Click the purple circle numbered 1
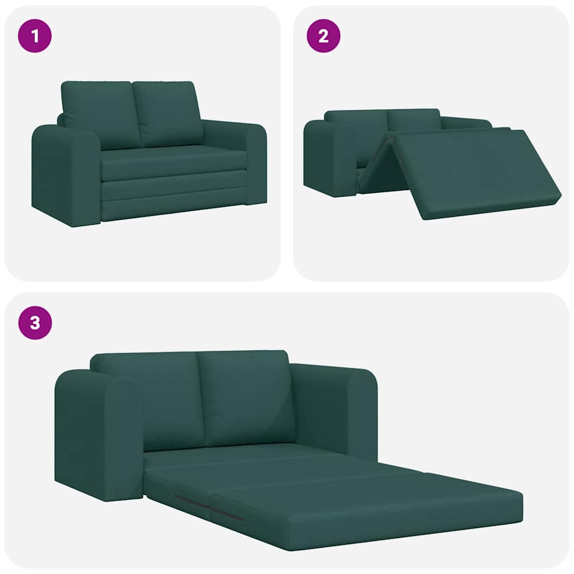click(x=35, y=36)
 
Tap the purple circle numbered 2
click(x=323, y=36)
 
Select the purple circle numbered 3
click(x=35, y=323)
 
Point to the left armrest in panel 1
click(x=64, y=174)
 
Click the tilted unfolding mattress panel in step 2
click(x=476, y=168)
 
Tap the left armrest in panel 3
click(x=98, y=432)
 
